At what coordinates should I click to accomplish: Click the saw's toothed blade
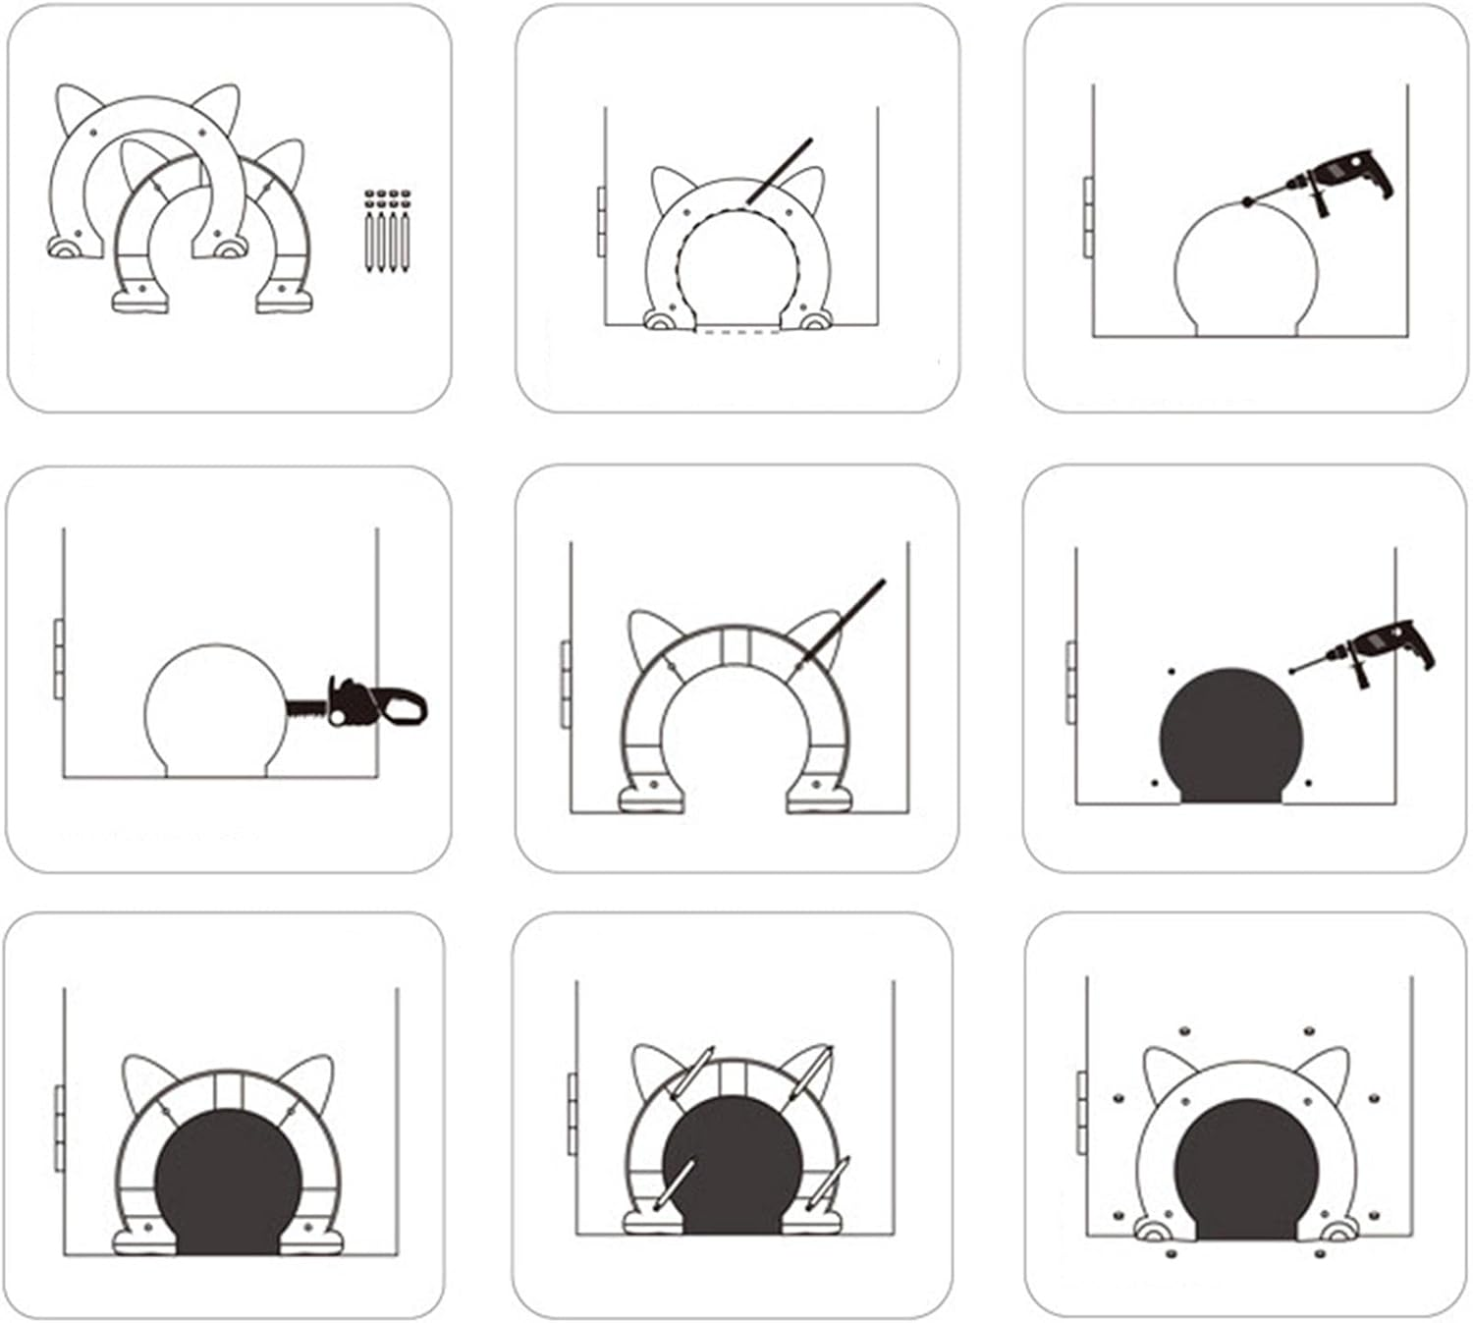307,706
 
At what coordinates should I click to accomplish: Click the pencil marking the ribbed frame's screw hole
844,620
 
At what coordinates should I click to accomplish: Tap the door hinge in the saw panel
58,658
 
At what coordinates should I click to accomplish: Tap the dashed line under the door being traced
737,332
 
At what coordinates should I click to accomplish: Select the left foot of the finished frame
1150,1228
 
